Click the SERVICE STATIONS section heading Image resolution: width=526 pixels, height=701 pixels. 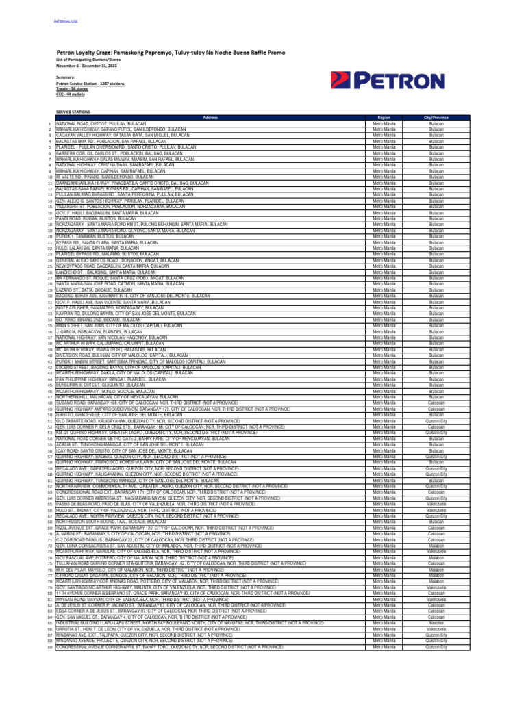(x=73, y=110)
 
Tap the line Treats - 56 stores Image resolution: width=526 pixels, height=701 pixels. (x=73, y=88)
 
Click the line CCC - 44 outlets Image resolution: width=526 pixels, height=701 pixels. (x=71, y=94)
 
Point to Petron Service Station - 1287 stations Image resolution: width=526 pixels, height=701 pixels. (x=90, y=83)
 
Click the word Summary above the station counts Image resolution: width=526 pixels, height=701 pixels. (x=66, y=77)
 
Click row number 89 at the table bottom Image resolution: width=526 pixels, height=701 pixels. (x=49, y=646)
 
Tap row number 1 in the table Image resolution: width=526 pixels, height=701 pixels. (x=50, y=123)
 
